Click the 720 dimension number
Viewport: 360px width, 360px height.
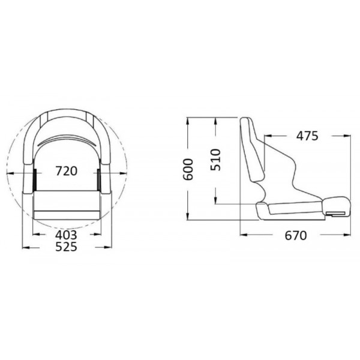[x=66, y=171]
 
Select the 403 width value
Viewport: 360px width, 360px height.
[x=66, y=235]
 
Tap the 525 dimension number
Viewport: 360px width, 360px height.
[x=66, y=247]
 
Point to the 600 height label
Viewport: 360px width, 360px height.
[x=188, y=170]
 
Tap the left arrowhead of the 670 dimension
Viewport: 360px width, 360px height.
[x=243, y=235]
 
